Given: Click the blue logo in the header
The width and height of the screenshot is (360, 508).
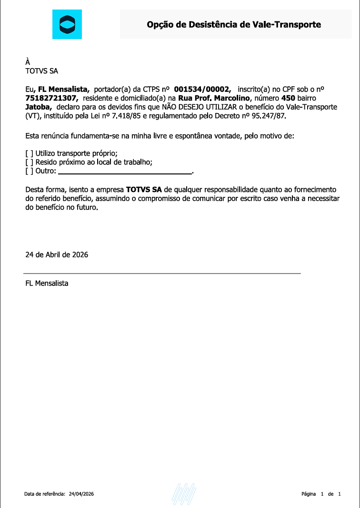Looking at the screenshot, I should pos(67,24).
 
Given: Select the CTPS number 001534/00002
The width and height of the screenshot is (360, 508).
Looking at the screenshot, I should pos(203,89).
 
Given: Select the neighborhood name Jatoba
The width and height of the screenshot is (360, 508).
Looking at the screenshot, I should pos(38,107).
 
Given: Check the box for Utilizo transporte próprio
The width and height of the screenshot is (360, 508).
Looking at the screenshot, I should pos(29,153).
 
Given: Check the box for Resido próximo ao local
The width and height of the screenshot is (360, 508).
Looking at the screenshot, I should pos(29,162).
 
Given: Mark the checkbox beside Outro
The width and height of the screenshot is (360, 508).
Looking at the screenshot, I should pos(29,171).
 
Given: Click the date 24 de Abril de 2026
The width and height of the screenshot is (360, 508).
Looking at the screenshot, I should pos(57,254).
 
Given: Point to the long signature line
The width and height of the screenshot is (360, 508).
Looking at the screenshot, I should pos(162,274).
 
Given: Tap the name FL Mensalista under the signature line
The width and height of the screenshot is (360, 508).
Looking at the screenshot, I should pos(47,284).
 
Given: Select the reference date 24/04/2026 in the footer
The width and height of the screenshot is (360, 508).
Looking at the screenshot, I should pos(81,494).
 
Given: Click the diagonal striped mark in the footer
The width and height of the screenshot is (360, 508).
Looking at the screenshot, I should pos(184,494).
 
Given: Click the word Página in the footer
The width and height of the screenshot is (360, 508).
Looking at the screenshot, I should pos(309,494).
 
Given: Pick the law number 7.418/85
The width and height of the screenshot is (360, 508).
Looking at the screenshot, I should pos(129,116).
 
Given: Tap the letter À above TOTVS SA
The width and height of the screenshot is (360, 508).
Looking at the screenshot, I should pos(28,62).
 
